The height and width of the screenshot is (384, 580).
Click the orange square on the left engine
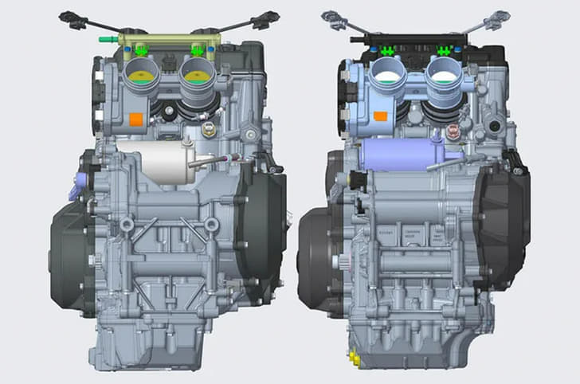pos(135,120)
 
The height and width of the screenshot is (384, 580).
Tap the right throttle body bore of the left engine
pos(197,78)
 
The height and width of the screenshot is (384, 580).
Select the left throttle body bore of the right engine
pos(386,78)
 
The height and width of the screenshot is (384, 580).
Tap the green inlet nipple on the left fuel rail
pos(104,38)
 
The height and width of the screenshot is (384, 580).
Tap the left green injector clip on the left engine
pos(142,52)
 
